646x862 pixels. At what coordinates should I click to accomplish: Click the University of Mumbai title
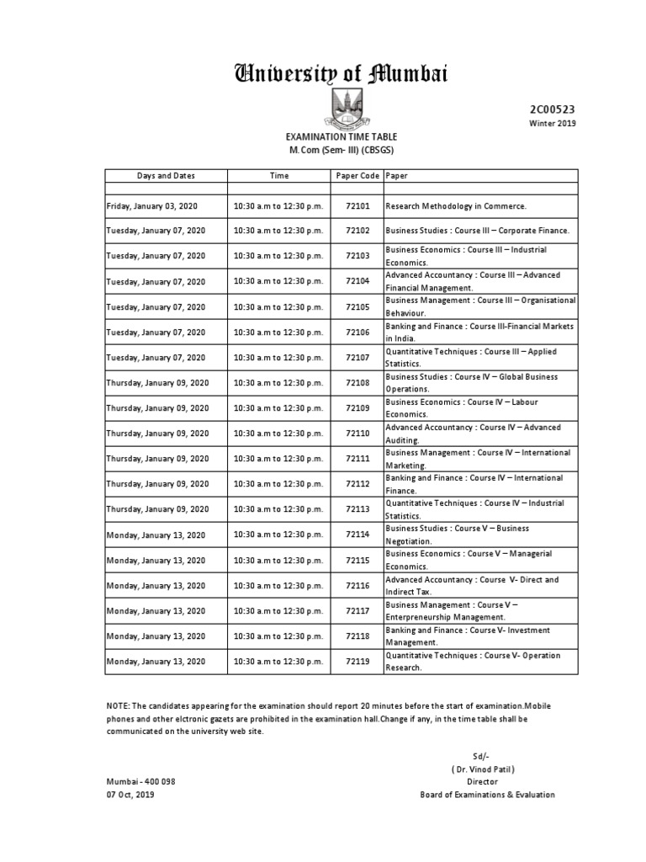341,75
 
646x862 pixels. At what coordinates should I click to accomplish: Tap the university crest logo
341,109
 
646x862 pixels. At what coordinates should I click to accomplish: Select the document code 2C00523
552,109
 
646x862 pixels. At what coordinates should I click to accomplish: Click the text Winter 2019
552,124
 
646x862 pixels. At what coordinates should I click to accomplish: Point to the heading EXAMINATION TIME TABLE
341,136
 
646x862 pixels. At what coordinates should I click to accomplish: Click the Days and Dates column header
166,176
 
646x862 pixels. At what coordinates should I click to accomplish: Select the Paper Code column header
357,176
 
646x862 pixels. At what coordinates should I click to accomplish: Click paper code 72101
357,205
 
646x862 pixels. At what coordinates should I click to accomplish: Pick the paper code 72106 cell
357,333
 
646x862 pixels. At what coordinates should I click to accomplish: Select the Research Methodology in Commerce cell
455,205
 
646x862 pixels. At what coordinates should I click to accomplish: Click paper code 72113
357,509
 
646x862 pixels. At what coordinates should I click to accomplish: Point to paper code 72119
357,662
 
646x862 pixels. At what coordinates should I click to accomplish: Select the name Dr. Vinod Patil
483,769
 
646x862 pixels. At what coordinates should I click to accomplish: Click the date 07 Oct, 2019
130,795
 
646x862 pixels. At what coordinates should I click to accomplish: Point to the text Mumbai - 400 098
140,781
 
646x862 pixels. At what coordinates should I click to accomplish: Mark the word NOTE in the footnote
117,705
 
